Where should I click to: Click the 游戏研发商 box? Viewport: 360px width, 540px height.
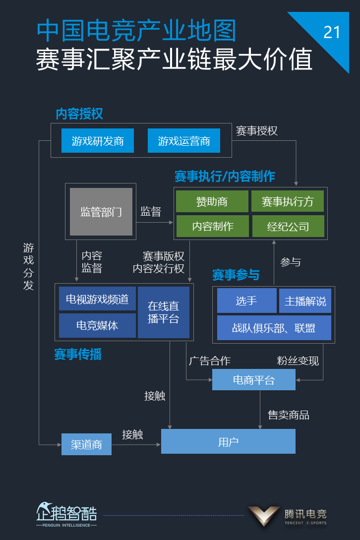(x=98, y=141)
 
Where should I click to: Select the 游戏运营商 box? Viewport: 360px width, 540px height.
(x=183, y=141)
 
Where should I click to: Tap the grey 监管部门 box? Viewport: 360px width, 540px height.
(x=101, y=212)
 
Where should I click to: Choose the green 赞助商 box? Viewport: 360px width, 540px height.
(x=212, y=202)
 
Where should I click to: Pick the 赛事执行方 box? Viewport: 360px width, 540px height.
(x=288, y=202)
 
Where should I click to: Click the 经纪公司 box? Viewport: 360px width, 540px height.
(x=288, y=227)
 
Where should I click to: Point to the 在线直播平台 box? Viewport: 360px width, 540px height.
(x=164, y=312)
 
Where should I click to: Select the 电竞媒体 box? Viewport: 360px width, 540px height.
(x=97, y=325)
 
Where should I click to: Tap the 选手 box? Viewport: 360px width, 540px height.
(x=246, y=301)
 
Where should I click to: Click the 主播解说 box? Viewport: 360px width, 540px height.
(x=305, y=301)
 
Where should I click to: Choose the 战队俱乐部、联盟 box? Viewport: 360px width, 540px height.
(x=274, y=328)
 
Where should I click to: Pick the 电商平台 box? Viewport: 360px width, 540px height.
(x=253, y=380)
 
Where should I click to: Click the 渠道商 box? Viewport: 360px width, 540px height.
(x=86, y=444)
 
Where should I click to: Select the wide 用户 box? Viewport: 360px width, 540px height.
(x=228, y=441)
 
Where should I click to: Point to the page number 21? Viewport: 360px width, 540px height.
(x=332, y=33)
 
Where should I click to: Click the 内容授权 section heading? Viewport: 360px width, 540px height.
(x=79, y=114)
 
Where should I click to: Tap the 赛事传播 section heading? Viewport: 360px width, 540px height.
(x=78, y=355)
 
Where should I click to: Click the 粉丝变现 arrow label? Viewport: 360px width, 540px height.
(x=298, y=361)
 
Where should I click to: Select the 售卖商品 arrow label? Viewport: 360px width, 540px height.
(x=289, y=415)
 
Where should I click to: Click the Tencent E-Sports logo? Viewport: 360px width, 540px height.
(x=288, y=516)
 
